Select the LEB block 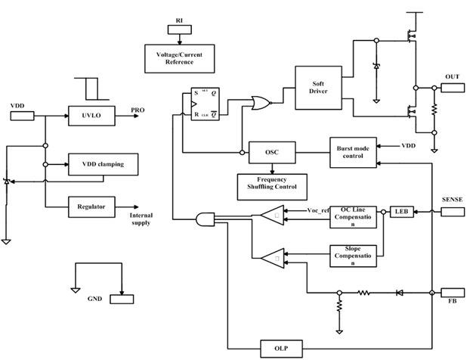coord(400,213)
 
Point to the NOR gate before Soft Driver coord(263,104)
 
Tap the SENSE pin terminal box coord(452,213)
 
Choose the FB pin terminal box coord(452,292)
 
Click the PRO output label coord(138,110)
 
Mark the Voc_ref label coord(318,210)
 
